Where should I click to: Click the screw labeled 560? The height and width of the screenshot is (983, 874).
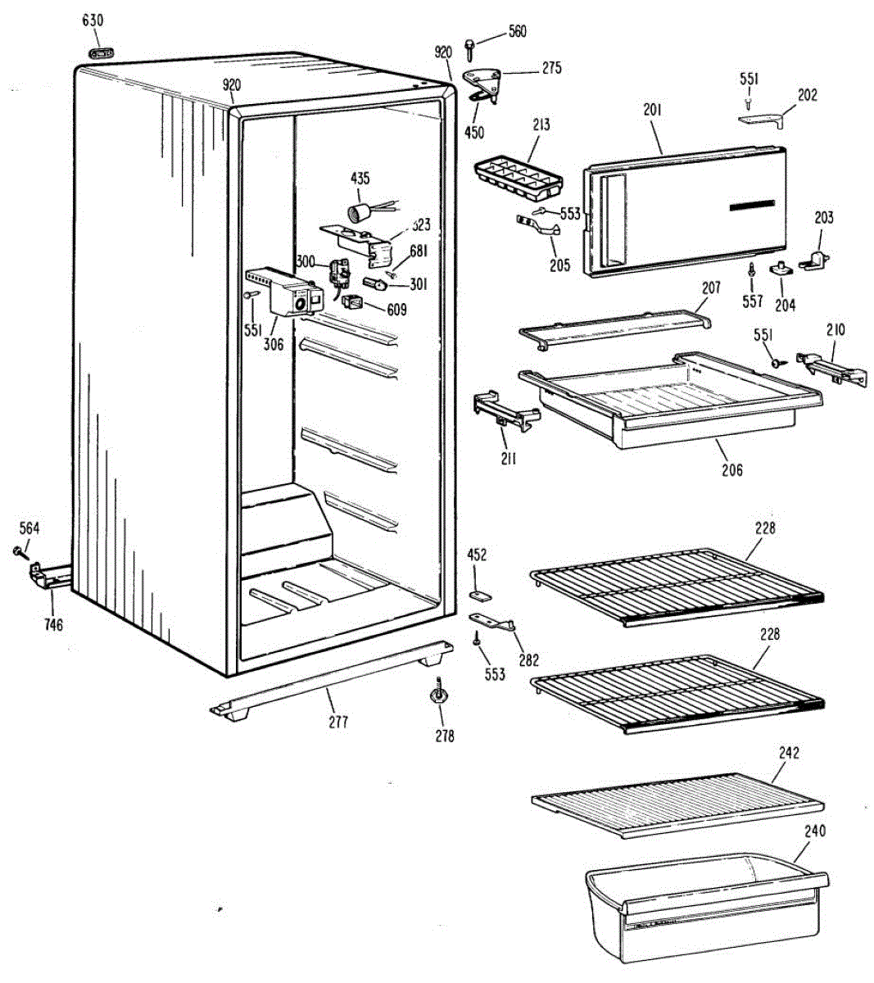[469, 48]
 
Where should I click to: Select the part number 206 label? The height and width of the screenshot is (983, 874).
[731, 469]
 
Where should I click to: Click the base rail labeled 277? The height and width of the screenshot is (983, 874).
[328, 680]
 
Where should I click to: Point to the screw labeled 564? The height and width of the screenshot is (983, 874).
[16, 552]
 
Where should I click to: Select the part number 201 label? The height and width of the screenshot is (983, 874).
[653, 109]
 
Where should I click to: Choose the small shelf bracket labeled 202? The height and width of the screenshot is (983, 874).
[763, 120]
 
